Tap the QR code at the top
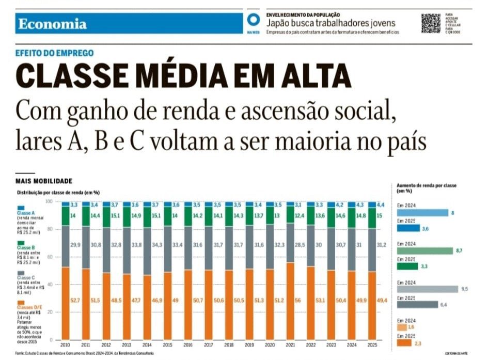[x=431, y=24]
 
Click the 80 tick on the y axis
[x=50, y=229]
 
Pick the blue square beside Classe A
[x=21, y=208]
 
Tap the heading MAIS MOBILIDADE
[x=44, y=181]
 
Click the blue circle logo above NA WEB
[x=253, y=20]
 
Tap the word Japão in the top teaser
[x=277, y=23]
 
